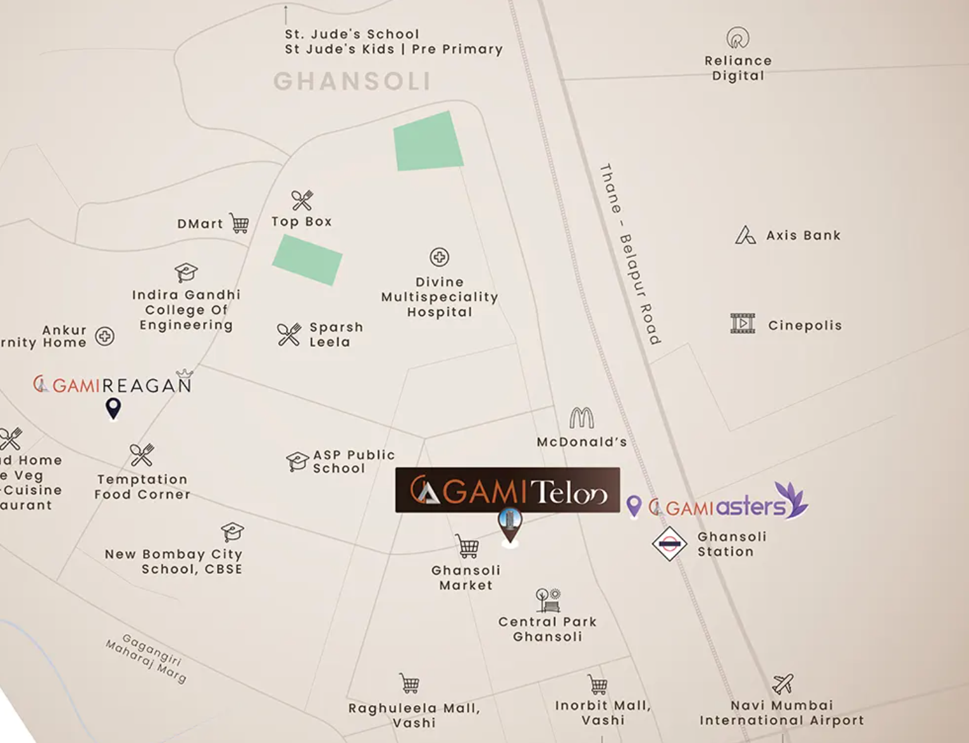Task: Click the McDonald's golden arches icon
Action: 581,418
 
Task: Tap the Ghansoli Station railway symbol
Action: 669,544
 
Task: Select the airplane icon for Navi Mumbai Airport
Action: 783,684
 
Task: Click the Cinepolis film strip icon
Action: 743,323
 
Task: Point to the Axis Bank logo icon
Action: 745,235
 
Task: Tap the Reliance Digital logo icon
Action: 738,38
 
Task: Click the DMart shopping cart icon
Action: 240,223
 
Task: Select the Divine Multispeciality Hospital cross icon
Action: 440,257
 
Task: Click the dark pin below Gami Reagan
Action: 113,408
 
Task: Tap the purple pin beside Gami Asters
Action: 634,506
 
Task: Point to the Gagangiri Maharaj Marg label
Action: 147,659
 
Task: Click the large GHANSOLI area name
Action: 352,81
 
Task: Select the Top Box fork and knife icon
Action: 302,201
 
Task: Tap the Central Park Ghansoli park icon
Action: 548,599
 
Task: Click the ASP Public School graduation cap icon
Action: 297,461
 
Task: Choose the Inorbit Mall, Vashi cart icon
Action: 598,684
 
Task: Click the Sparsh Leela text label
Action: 335,335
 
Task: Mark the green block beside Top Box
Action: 307,259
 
